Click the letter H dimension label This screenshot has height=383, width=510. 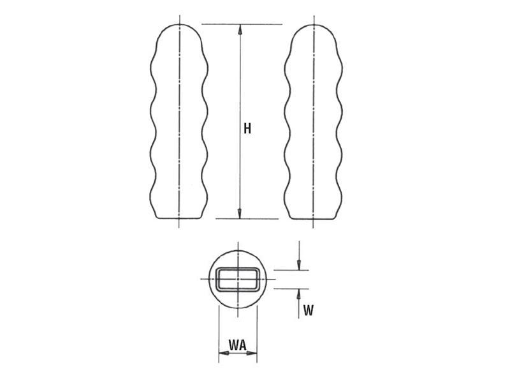coord(247,128)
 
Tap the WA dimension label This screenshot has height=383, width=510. coord(238,345)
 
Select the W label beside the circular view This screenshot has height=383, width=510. coord(308,311)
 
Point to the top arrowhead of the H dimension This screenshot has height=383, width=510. coord(240,29)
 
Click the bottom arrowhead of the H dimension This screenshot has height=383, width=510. coord(240,213)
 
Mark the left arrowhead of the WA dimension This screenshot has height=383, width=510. coord(222,352)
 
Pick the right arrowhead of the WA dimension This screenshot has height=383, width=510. coord(253,352)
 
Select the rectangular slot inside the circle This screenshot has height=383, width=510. coord(237,280)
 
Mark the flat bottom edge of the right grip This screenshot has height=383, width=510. coord(315,218)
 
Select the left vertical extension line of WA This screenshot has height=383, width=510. coord(219,332)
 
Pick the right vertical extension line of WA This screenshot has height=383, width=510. coord(257,332)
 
